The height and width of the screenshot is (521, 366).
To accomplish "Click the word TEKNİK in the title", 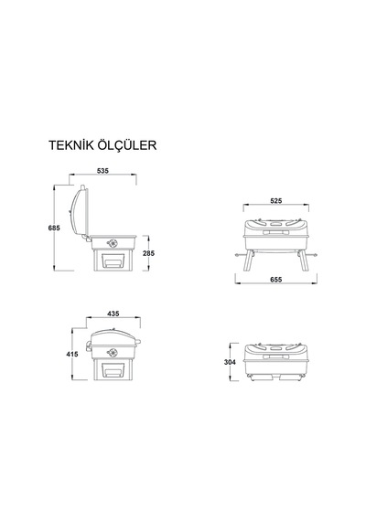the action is click(x=71, y=145).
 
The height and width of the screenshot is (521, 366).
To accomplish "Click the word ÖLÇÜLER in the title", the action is click(x=127, y=144).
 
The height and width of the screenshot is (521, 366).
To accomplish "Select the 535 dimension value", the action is click(x=102, y=171).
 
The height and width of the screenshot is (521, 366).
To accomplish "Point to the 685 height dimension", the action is click(x=54, y=228).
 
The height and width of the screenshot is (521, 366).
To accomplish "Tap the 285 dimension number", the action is click(x=149, y=253).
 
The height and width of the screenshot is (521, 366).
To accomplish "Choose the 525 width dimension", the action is click(x=275, y=201).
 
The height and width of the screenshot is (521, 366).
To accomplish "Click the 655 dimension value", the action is click(x=275, y=280).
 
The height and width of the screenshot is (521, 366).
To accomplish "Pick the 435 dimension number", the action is click(x=113, y=314).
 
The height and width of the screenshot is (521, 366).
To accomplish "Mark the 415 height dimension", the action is click(x=72, y=355).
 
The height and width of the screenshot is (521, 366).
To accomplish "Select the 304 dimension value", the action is click(x=230, y=362).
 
